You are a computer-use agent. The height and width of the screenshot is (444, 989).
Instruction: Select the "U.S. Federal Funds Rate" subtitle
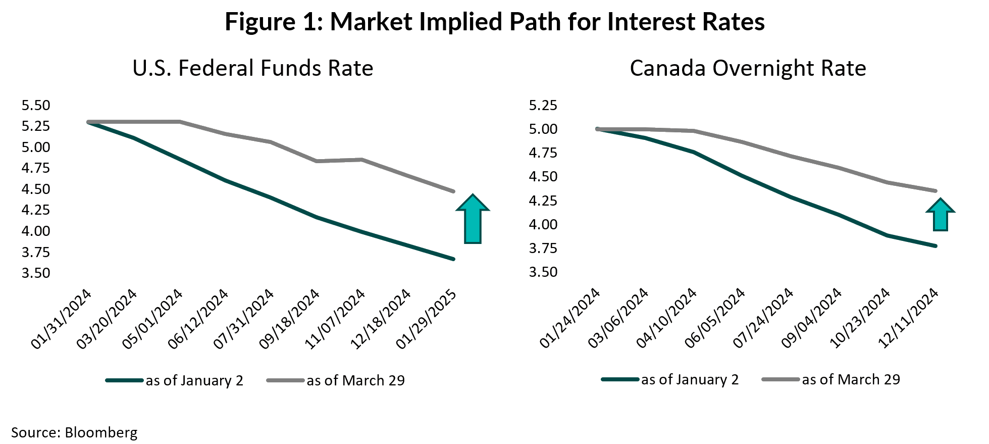pos(252,68)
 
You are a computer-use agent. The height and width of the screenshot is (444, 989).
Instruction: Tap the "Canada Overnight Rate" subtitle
pos(748,68)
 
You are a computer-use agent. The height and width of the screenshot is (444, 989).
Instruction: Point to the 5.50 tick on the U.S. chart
pos(36,105)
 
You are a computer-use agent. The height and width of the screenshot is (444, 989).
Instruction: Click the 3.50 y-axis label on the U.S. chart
pos(36,273)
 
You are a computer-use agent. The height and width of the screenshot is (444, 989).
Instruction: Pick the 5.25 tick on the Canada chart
pos(543,105)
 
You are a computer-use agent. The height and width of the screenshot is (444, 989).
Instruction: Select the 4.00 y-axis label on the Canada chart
pos(543,224)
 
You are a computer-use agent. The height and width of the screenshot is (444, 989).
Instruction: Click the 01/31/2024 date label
pos(62,319)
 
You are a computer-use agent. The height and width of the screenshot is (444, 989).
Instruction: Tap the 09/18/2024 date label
pos(290,319)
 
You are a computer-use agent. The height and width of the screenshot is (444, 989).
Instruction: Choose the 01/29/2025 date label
pos(427,319)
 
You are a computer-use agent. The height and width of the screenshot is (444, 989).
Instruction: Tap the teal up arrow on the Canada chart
pos(940,215)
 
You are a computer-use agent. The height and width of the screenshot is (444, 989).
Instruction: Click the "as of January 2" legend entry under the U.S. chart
pos(194,380)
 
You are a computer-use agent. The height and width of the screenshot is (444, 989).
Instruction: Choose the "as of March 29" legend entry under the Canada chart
pos(851,379)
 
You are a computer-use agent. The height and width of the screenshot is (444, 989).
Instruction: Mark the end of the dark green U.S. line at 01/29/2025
pos(453,259)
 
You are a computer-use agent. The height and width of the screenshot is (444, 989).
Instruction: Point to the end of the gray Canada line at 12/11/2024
pos(935,191)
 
